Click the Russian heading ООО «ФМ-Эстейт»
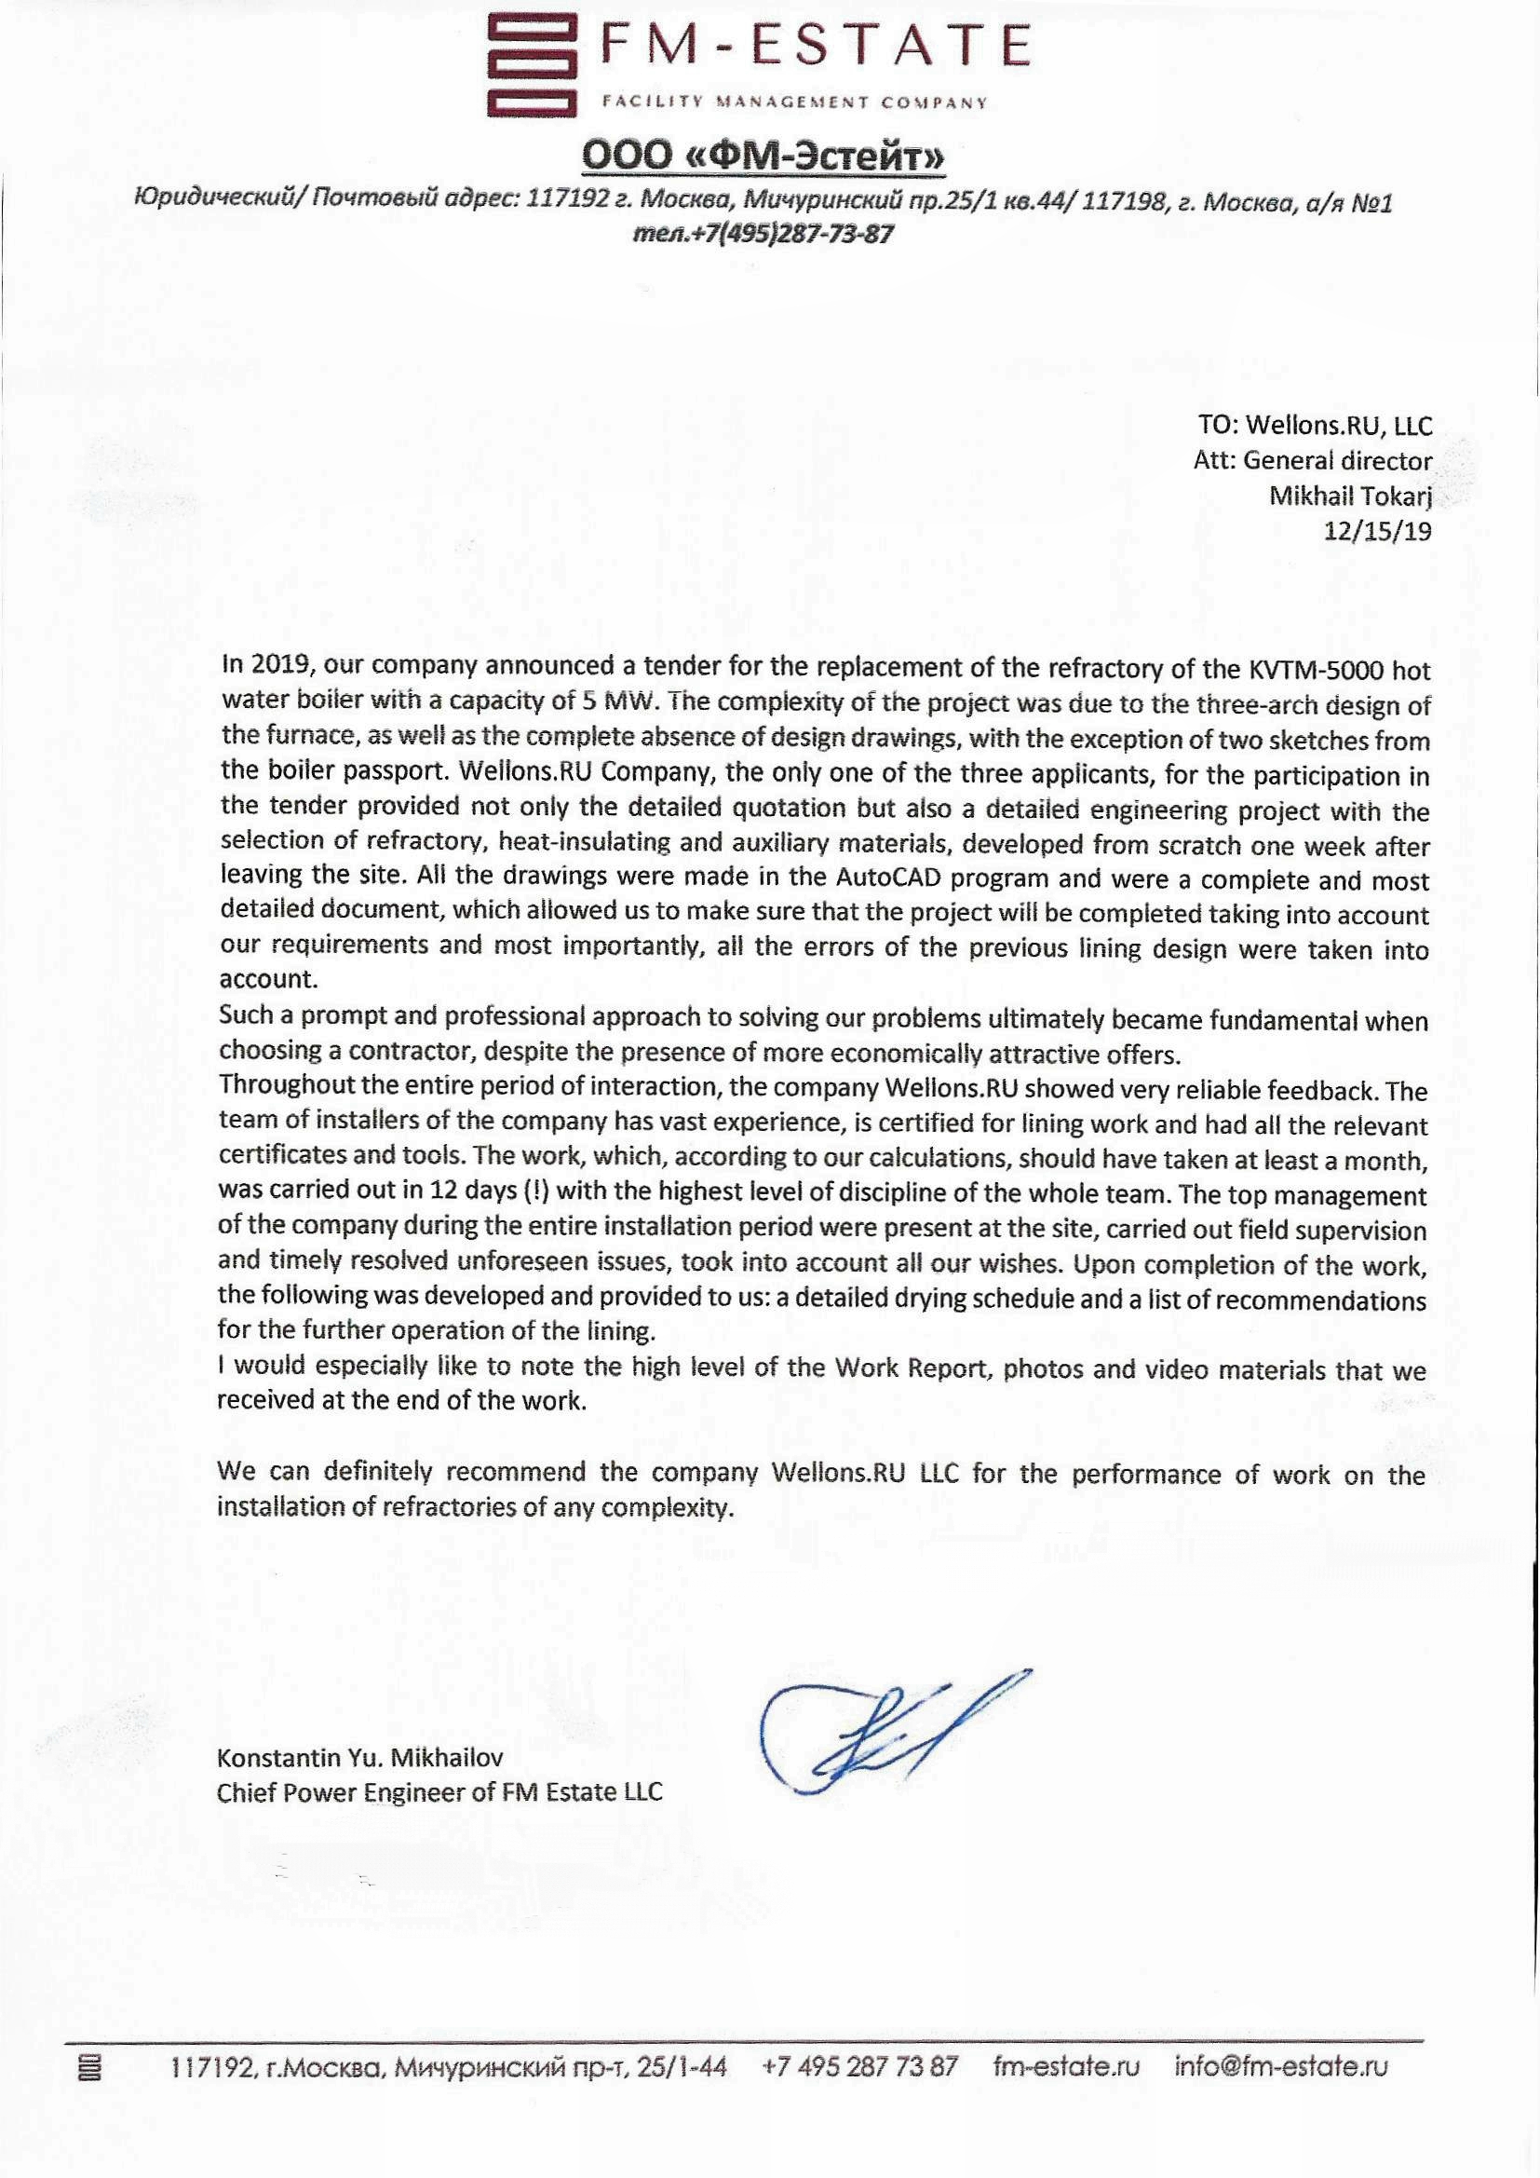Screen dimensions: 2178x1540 point(763,157)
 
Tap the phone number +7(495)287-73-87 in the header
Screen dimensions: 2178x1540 point(763,233)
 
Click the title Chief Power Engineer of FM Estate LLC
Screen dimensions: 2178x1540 point(439,1793)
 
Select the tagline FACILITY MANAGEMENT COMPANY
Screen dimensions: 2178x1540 point(794,102)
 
